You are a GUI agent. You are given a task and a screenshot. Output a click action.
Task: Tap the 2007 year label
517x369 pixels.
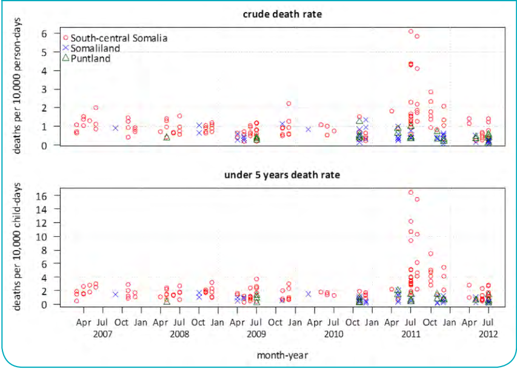pos(102,333)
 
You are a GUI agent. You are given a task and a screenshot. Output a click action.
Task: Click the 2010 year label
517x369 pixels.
pos(334,333)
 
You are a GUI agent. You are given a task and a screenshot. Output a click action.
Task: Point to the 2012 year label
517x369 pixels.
pos(488,333)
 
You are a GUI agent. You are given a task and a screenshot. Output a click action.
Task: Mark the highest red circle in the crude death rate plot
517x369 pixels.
pos(410,31)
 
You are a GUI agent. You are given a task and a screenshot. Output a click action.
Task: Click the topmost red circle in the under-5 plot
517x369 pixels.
pos(410,192)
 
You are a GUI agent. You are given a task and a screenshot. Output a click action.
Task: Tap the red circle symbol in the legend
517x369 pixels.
pos(65,38)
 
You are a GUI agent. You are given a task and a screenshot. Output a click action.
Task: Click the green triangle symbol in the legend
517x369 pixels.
pos(65,58)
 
